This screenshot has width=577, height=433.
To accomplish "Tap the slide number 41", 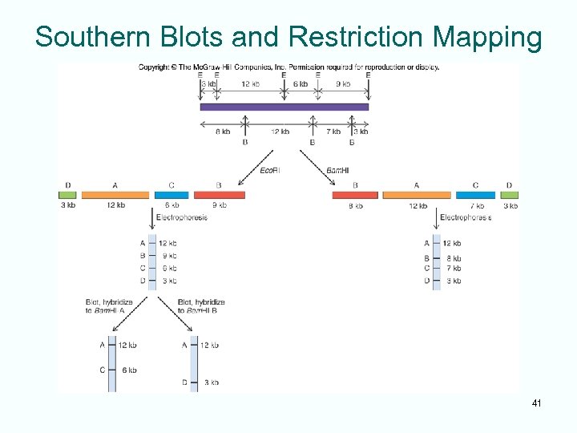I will click(x=536, y=403).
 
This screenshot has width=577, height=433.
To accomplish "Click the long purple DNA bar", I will click(x=284, y=107).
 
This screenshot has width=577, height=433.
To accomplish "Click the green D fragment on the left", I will click(x=68, y=195).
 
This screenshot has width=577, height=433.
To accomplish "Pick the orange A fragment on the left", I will click(x=115, y=195).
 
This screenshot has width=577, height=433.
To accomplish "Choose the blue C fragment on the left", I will click(x=171, y=195).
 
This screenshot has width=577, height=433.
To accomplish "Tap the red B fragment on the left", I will click(x=219, y=195).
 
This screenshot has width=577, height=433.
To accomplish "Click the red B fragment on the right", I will click(x=355, y=195).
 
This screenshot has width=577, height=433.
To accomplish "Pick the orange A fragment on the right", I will click(x=417, y=195).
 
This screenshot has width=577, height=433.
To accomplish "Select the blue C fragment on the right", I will click(x=475, y=195).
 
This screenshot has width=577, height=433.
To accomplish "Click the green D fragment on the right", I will click(x=510, y=195).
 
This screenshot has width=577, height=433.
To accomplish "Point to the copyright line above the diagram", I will click(x=288, y=67).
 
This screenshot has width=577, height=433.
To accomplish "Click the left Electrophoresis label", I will click(x=181, y=217).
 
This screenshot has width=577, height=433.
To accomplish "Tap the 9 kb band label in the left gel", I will click(x=167, y=256).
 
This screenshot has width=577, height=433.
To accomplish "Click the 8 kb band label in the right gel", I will click(x=454, y=258).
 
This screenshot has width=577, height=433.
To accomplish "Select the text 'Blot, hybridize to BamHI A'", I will click(x=110, y=306).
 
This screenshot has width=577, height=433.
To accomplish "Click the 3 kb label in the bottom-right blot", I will click(x=212, y=382).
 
